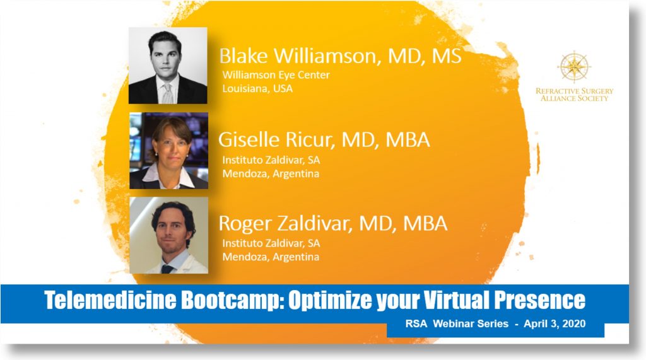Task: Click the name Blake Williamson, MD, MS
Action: coord(340,56)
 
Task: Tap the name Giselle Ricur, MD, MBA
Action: coord(324,139)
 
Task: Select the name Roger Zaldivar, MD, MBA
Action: coord(332,223)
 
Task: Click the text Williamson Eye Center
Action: coord(276,75)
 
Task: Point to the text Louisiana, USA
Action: coord(257,88)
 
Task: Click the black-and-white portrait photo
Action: coord(168,66)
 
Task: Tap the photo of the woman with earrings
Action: coord(168,151)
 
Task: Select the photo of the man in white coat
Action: coord(168,235)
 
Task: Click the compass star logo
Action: coord(574,67)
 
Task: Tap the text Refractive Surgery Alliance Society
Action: coord(574,95)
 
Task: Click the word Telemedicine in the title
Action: coord(110,300)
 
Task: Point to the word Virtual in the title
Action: coord(457,299)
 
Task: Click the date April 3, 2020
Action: coord(555,324)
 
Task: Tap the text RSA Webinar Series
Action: coord(457,324)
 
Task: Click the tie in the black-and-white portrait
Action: coord(167,93)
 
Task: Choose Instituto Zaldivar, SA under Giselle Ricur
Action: coord(271,160)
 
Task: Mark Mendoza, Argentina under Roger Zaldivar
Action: coord(271,257)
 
